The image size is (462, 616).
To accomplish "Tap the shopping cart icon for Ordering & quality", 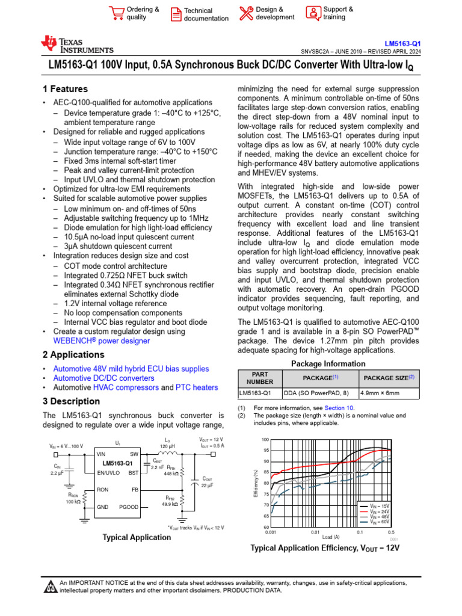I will coord(115,13).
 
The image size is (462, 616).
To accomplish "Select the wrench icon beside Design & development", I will coord(246,13).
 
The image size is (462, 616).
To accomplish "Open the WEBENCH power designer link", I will coord(102,341).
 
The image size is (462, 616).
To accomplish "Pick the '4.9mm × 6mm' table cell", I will coord(387,393).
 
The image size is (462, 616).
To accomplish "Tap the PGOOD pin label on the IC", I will coord(128,507).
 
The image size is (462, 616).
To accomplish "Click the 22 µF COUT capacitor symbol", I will coord(194,482).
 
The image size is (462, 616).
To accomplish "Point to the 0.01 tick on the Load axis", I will coord(315,533).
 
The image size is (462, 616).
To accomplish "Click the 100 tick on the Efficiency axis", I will coord(265,440).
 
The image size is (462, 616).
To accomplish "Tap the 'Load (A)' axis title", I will coord(330,537).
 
